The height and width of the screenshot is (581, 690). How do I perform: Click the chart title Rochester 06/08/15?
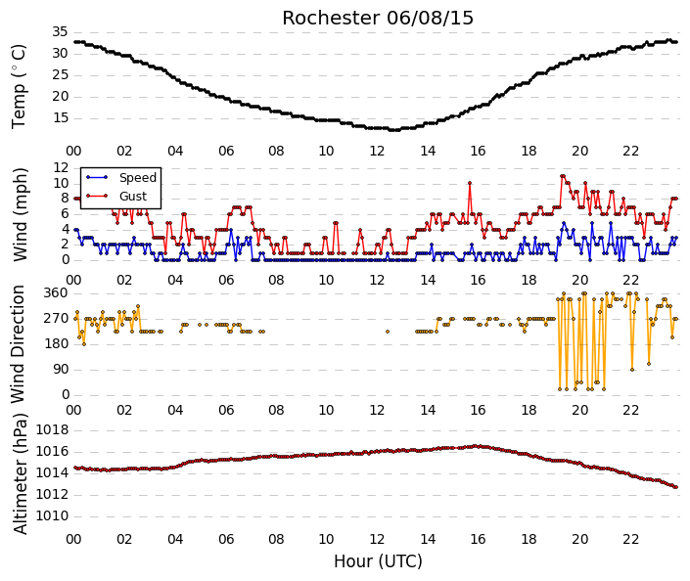click(x=378, y=18)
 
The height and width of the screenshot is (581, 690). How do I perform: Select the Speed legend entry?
click(x=138, y=178)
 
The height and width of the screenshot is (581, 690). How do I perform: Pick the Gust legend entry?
click(x=133, y=197)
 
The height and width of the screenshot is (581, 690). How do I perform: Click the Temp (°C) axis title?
click(x=19, y=87)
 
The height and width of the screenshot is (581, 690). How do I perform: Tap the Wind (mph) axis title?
click(x=20, y=214)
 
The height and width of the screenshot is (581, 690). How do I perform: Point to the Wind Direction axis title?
click(x=18, y=344)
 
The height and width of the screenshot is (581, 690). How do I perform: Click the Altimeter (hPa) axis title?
click(x=20, y=473)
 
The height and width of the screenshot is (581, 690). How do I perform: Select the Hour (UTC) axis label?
click(x=378, y=561)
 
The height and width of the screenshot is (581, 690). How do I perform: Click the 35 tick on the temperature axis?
click(x=60, y=31)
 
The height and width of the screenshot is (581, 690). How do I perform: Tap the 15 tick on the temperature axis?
click(x=60, y=118)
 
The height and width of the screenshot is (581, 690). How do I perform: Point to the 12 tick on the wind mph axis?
click(x=61, y=167)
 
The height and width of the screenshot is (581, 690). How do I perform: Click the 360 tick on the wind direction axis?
click(x=56, y=292)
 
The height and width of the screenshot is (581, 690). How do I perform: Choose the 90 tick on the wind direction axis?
click(x=62, y=369)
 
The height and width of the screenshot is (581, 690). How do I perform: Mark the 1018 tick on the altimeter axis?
click(x=53, y=429)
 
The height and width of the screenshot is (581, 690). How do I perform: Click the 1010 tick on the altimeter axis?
click(x=53, y=515)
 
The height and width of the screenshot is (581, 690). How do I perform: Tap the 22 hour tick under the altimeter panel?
click(x=630, y=539)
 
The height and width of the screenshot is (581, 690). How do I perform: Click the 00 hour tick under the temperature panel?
click(x=73, y=151)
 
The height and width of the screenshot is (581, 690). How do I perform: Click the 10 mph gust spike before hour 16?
click(x=470, y=183)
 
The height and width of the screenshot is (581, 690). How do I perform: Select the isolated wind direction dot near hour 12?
click(x=388, y=332)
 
